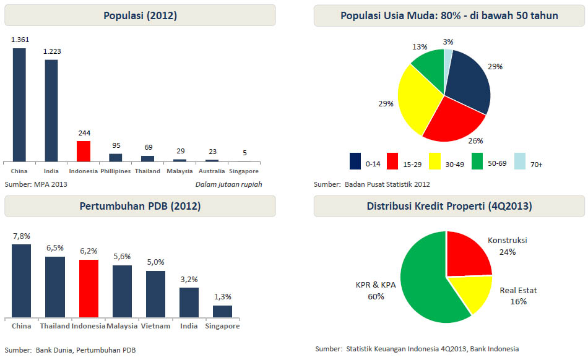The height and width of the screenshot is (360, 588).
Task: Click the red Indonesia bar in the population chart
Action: pos(84,151)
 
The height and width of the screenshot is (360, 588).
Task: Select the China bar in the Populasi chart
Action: pos(19,105)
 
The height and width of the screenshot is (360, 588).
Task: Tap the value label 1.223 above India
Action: pos(51,52)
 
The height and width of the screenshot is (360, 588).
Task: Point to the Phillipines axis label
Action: pos(116,171)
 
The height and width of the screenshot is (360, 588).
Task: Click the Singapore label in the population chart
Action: pos(244,171)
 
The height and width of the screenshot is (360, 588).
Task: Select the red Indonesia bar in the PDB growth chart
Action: pos(89,288)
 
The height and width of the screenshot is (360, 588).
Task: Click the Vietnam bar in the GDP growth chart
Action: pos(155,294)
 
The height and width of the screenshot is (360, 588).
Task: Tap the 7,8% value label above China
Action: pos(21,236)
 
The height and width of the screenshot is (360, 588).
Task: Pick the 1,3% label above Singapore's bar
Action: pos(222,297)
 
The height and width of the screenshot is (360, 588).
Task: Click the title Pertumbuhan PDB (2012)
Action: pos(140,206)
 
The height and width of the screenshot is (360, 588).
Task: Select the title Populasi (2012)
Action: pos(140,16)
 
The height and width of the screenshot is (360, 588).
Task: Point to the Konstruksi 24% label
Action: pos(508,246)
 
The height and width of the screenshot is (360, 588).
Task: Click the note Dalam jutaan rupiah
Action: pos(228,184)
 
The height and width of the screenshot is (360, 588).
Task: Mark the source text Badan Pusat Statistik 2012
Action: pos(387,184)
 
